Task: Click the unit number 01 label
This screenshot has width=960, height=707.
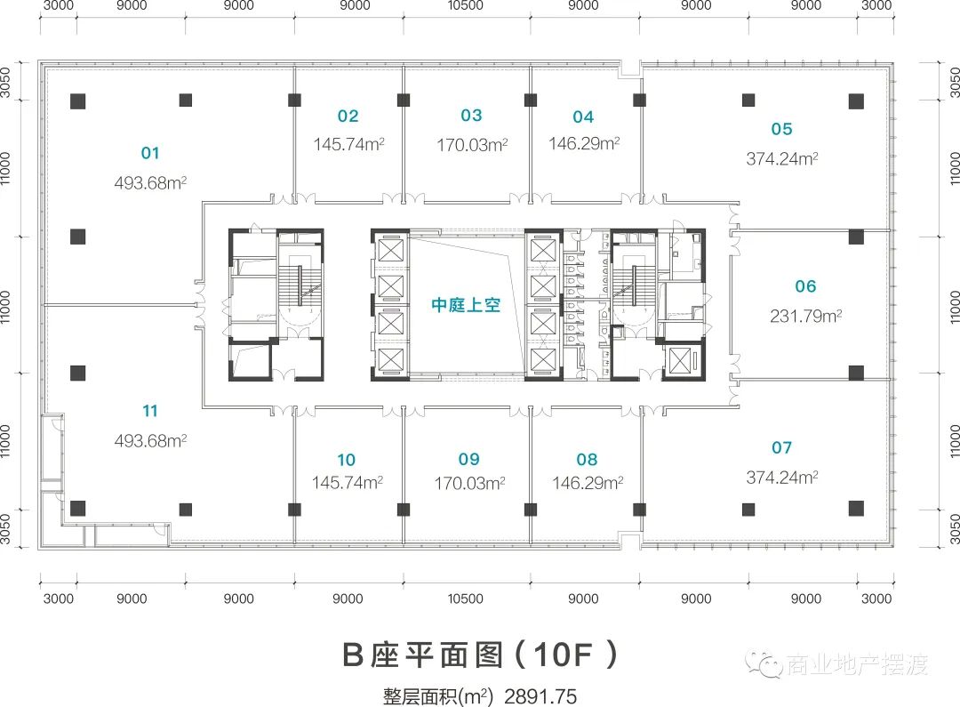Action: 150,153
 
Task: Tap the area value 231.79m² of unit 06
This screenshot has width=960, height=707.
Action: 805,316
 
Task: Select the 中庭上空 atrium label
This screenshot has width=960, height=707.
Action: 466,304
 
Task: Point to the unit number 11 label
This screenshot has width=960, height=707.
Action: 150,411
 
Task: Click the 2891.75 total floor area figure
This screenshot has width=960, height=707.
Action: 540,696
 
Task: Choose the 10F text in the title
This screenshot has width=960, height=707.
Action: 564,655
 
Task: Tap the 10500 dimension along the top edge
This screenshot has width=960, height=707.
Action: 465,5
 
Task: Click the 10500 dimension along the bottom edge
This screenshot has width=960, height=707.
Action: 465,599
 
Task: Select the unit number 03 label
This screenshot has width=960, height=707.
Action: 471,116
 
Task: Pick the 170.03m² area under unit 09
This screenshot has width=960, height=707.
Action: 469,484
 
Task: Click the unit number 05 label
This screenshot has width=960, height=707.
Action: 782,129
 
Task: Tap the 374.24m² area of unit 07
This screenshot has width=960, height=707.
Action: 782,478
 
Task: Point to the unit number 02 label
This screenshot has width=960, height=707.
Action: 348,116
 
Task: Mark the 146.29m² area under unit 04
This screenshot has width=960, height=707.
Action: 584,143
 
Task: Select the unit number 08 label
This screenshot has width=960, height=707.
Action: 587,460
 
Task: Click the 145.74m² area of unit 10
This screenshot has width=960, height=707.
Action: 348,483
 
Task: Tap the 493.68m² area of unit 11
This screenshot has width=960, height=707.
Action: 150,440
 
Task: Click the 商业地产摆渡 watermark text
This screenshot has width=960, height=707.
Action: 857,664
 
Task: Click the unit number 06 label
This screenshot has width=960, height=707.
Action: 805,286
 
